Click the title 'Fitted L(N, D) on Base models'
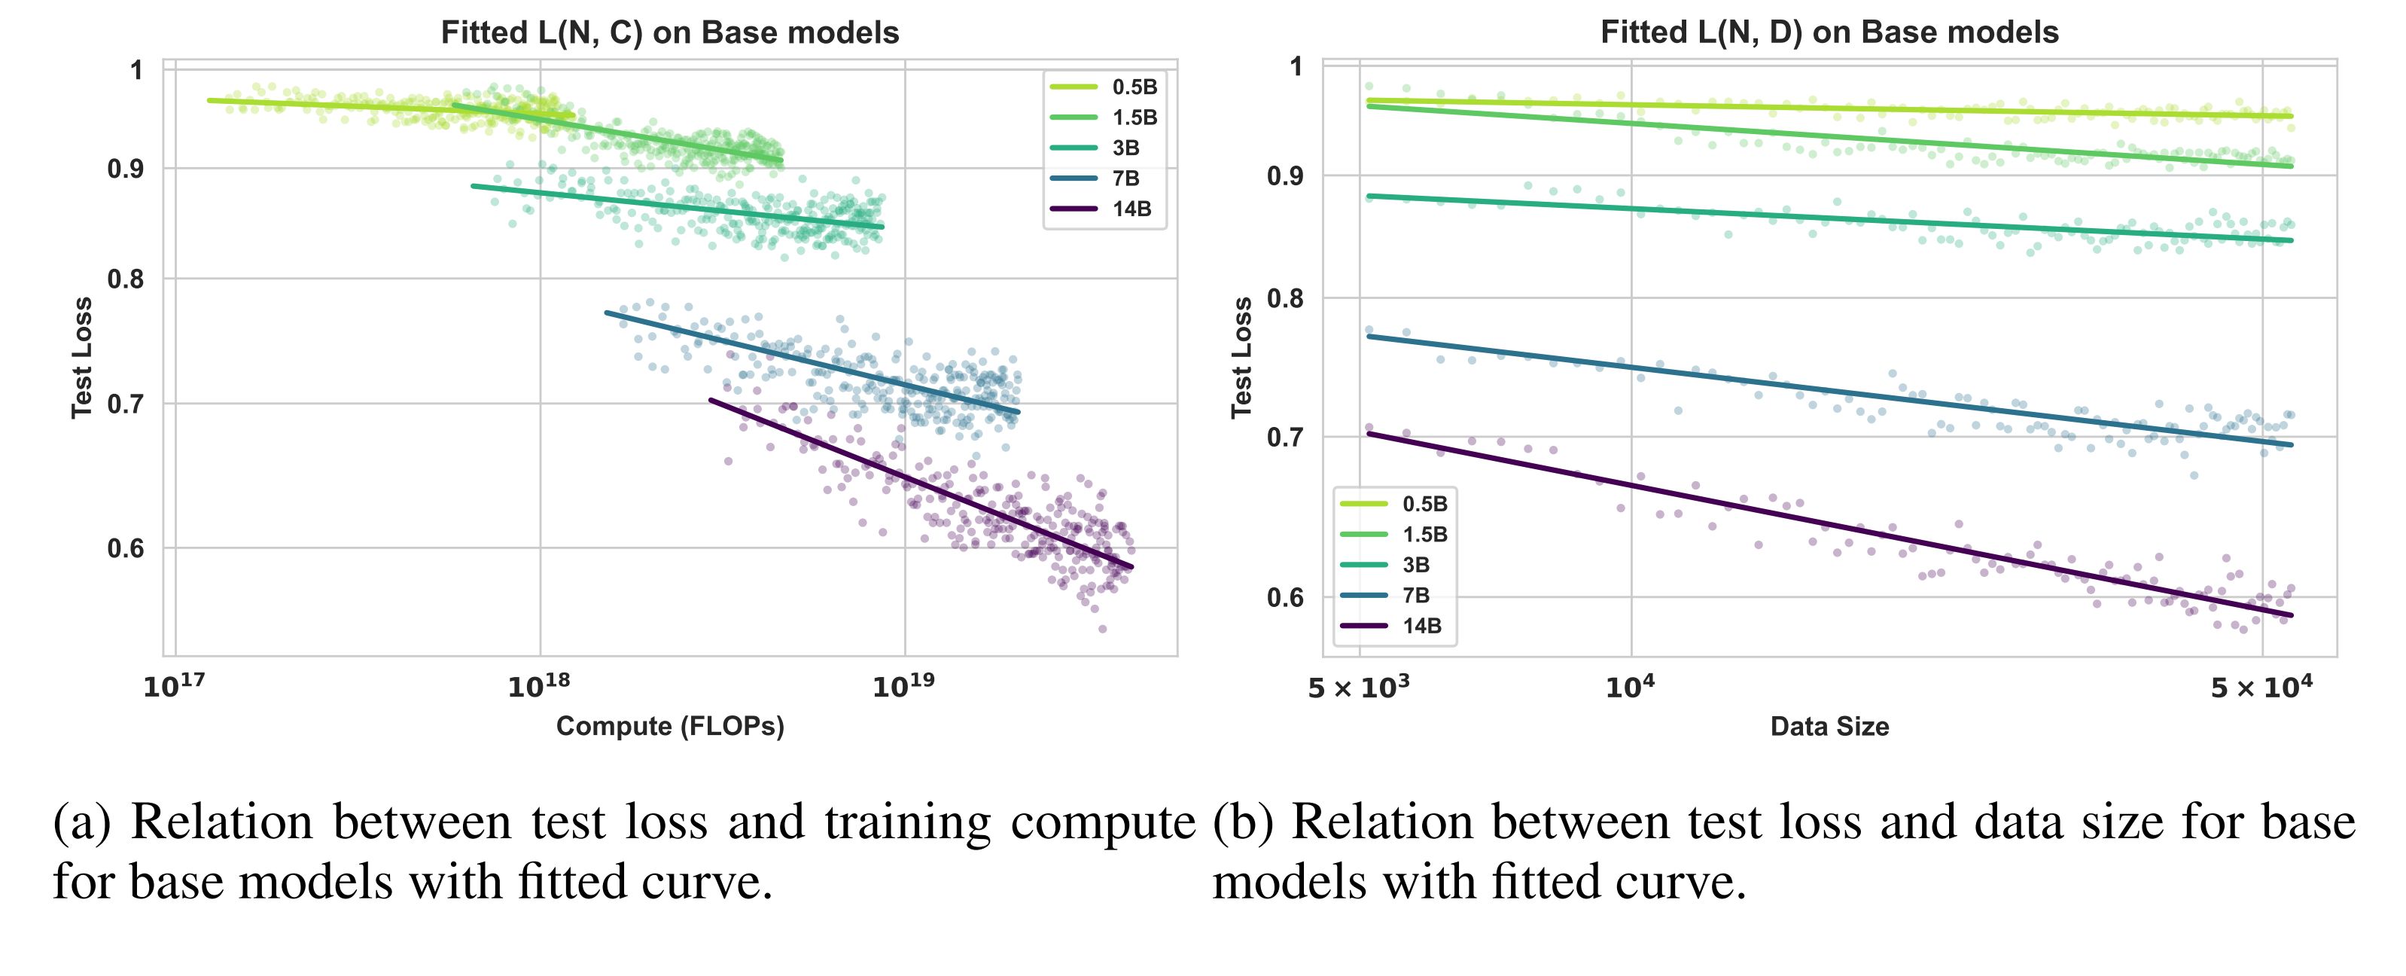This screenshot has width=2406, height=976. coord(1829,32)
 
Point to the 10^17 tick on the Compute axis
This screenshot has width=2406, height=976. coord(174,687)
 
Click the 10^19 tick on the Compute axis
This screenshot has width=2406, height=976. coord(903,687)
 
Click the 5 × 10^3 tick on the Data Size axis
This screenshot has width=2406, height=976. coord(1358,688)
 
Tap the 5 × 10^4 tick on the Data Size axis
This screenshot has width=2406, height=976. coord(2261,688)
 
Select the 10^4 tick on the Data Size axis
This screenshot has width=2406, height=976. coord(1630,687)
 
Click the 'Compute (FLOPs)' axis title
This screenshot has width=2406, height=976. coord(670,727)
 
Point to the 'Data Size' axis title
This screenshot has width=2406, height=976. coord(1829,727)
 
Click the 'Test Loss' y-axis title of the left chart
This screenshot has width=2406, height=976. coord(82,358)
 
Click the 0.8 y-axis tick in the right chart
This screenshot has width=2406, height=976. coord(1285,299)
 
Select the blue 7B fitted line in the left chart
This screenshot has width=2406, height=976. coord(812,362)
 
